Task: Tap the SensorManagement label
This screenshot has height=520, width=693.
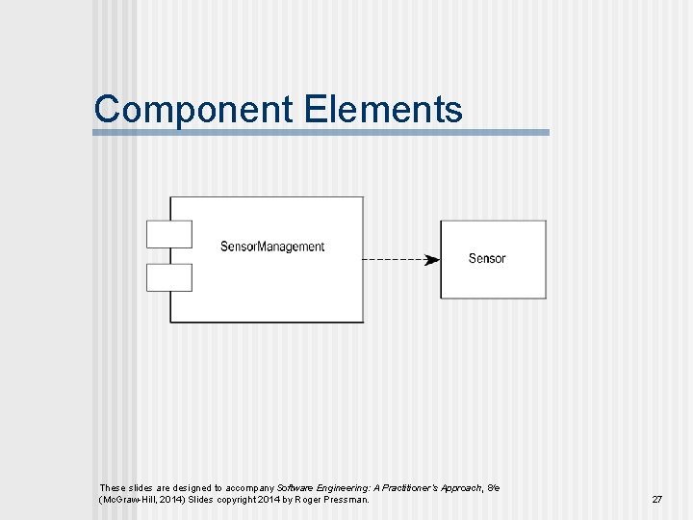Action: point(272,247)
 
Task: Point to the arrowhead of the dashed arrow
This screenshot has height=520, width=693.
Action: point(433,259)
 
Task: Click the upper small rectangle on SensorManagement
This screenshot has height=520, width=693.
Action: point(168,234)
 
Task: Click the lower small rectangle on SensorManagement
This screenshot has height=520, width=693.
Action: point(168,277)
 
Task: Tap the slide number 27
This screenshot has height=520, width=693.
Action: point(657,500)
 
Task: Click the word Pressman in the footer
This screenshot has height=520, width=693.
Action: point(346,500)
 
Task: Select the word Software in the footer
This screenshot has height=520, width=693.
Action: point(296,488)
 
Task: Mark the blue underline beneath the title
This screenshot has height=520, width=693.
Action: point(321,133)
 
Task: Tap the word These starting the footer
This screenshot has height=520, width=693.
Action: point(112,488)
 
